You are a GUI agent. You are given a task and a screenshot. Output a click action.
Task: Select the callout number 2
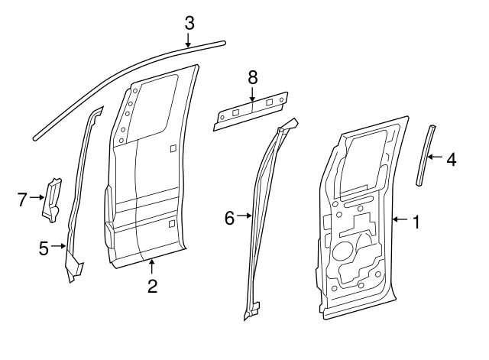click(152, 287)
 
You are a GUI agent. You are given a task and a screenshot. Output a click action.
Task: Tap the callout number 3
click(189, 23)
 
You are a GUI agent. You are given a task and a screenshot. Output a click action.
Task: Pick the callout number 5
click(44, 246)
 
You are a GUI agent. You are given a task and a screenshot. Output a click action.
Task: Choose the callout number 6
click(228, 217)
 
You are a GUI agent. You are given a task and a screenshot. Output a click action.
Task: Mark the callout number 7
click(22, 199)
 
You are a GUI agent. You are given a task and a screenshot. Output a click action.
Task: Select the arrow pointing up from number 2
click(152, 268)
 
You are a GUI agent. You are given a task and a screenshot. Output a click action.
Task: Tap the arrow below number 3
click(189, 41)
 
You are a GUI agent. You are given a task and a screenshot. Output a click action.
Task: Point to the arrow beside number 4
click(434, 159)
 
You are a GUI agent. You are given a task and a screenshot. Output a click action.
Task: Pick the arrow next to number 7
click(38, 199)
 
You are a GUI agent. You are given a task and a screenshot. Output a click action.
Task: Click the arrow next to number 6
click(244, 217)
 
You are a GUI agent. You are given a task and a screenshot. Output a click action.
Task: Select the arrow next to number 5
click(59, 246)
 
